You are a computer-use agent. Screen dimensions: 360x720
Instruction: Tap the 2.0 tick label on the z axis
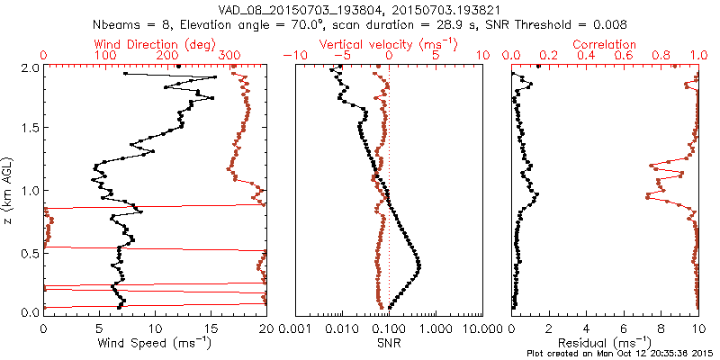(x=30, y=67)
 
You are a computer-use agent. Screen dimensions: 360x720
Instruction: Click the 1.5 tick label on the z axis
(x=30, y=129)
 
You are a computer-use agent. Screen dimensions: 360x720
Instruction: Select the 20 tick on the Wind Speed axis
(x=265, y=328)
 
